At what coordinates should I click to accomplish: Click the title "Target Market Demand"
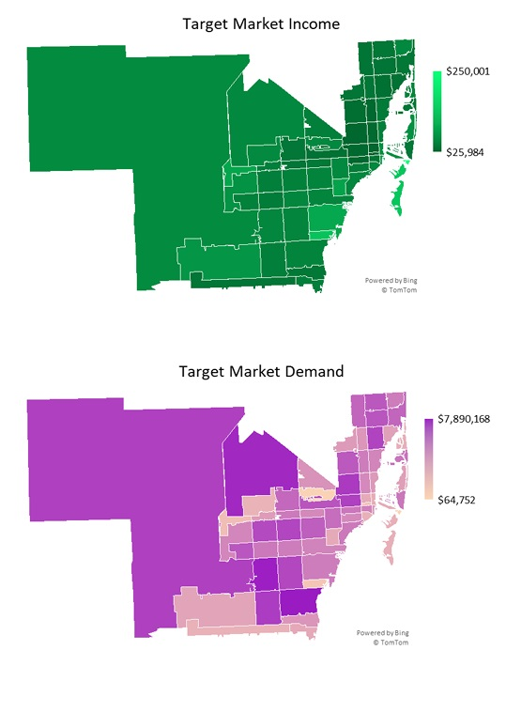[x=261, y=371]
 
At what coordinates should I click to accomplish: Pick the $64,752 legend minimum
[x=458, y=500]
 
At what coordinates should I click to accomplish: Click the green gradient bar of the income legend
[x=437, y=111]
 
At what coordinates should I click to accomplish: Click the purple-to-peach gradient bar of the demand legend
[x=429, y=459]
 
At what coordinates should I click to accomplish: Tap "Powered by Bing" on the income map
[x=389, y=280]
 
